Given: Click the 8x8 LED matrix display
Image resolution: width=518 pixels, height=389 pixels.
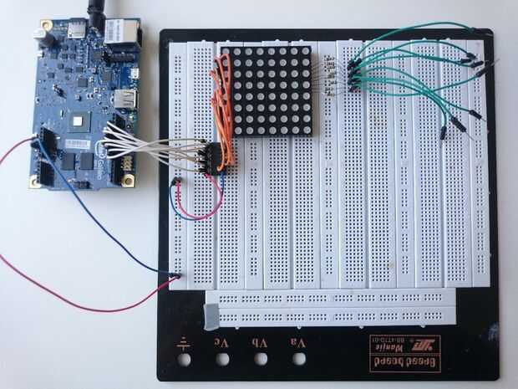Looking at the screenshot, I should pyautogui.click(x=269, y=91).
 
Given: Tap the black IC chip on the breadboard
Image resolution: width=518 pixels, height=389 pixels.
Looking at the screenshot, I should pyautogui.click(x=215, y=156).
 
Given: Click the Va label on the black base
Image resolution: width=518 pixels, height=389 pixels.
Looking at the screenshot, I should pyautogui.click(x=300, y=341).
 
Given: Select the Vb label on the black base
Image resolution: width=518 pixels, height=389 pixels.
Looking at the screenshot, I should pyautogui.click(x=261, y=341).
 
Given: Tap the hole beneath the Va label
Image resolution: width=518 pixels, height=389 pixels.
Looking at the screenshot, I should pyautogui.click(x=300, y=359).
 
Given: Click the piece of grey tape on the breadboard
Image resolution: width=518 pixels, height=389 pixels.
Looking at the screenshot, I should pyautogui.click(x=211, y=315).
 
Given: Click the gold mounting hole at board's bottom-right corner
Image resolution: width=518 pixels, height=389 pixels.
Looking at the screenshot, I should pyautogui.click(x=128, y=180).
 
